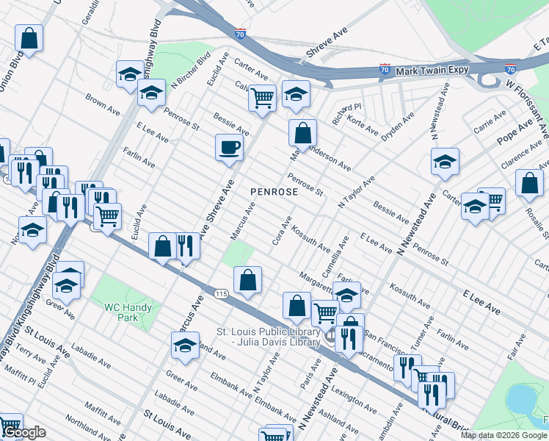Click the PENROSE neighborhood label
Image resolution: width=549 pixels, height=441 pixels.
pos(274,192)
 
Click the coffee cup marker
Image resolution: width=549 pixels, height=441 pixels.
pos(229,147)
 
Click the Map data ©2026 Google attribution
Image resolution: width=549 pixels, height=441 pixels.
pos(503,435)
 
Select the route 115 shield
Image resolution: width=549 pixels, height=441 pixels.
pos(221,293)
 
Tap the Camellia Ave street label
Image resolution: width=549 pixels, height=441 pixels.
pos(343,252)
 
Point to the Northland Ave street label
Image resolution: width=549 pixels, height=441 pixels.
pos(87,428)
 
